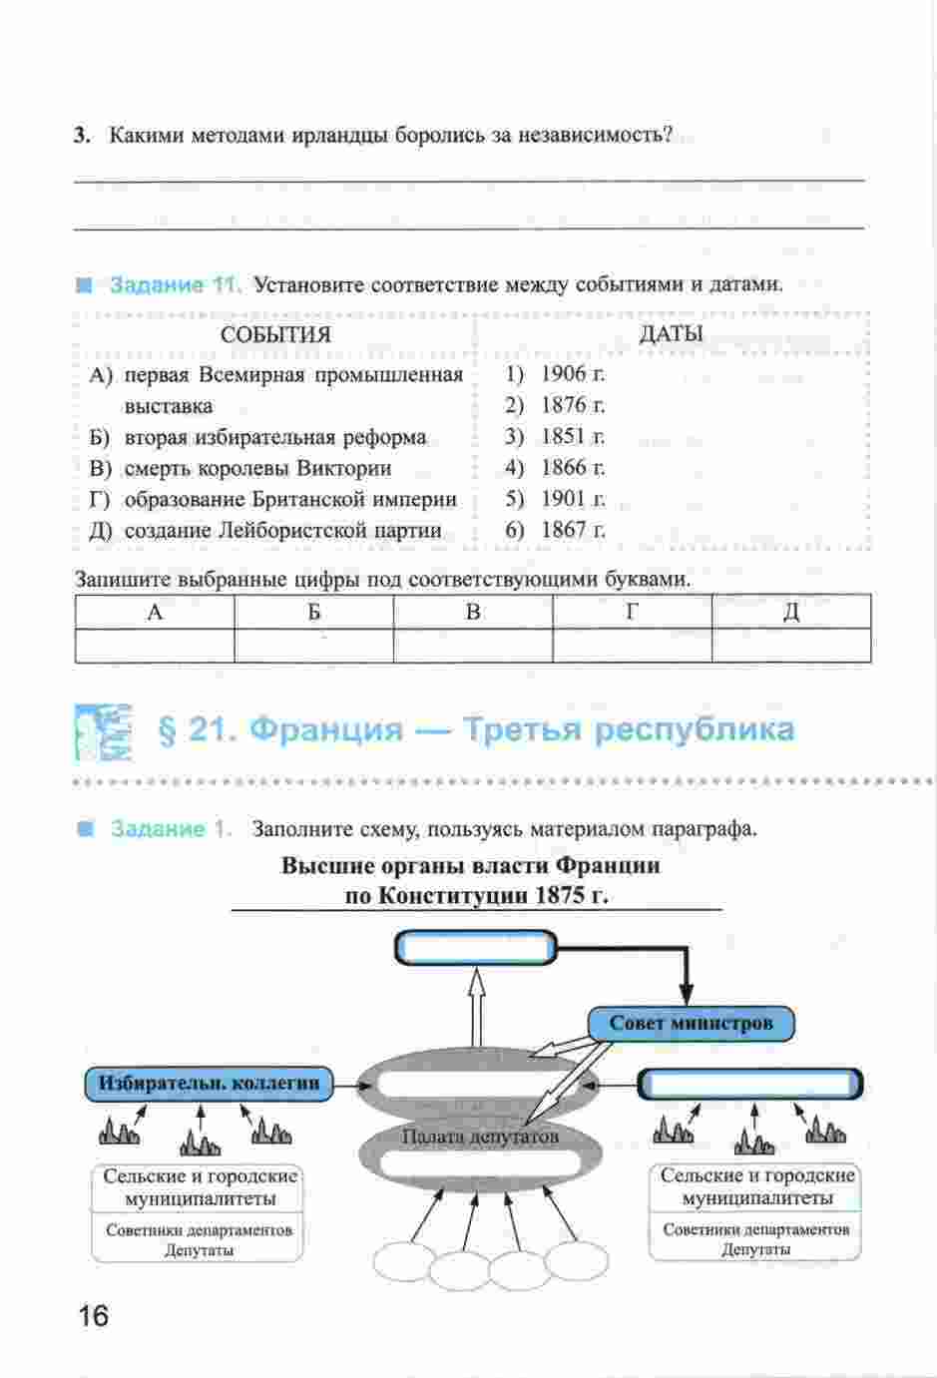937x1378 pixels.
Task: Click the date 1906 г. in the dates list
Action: [573, 373]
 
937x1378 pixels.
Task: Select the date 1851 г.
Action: [573, 436]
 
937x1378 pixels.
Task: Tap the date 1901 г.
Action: [573, 498]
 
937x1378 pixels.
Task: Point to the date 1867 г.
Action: [573, 530]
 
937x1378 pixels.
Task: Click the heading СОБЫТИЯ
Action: [275, 335]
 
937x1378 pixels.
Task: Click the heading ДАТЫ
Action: [671, 334]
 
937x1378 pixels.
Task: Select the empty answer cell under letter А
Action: [155, 646]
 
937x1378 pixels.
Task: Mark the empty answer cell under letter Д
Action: [791, 646]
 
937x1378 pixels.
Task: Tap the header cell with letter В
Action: [473, 612]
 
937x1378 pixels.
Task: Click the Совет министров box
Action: [691, 1024]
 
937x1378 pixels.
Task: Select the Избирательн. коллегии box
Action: [209, 1084]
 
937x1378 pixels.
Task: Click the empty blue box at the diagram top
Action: [475, 947]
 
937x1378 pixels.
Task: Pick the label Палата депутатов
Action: [480, 1136]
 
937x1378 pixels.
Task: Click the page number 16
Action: [94, 1315]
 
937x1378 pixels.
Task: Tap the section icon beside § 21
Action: [103, 732]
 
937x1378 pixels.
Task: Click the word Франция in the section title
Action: [326, 730]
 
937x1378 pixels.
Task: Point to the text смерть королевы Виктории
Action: [257, 468]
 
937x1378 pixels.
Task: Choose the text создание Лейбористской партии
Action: [283, 530]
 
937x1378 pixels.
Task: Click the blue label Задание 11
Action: [174, 284]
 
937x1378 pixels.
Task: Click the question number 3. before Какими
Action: [82, 136]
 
